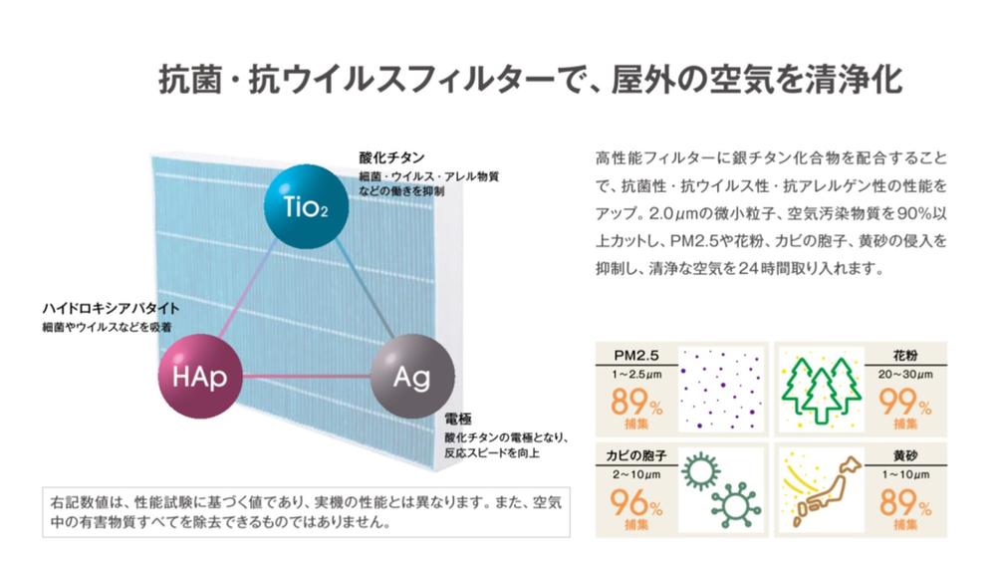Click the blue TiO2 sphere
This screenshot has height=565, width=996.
[x=306, y=206]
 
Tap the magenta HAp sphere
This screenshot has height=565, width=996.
[x=199, y=377]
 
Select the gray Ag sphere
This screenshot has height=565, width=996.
[x=412, y=377]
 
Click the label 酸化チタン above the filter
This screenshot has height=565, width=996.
[x=391, y=157]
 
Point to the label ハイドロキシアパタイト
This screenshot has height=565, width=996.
[x=111, y=309]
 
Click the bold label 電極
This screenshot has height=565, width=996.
[x=457, y=420]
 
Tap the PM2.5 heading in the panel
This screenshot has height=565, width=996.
[x=636, y=356]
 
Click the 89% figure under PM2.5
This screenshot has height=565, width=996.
[x=636, y=402]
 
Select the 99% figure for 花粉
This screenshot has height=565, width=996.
[x=905, y=402]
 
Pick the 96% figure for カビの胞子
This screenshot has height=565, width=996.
[x=636, y=502]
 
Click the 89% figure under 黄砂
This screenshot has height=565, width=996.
[x=905, y=502]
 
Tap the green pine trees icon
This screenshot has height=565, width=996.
[x=822, y=389]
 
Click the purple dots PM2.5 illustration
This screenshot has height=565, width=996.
[x=721, y=389]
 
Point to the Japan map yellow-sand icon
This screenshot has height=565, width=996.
[x=822, y=490]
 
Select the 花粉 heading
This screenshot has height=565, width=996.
[x=905, y=356]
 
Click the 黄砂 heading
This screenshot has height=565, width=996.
[x=905, y=456]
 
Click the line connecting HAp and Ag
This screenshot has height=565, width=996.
[x=306, y=377]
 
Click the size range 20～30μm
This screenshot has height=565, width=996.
[x=905, y=375]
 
